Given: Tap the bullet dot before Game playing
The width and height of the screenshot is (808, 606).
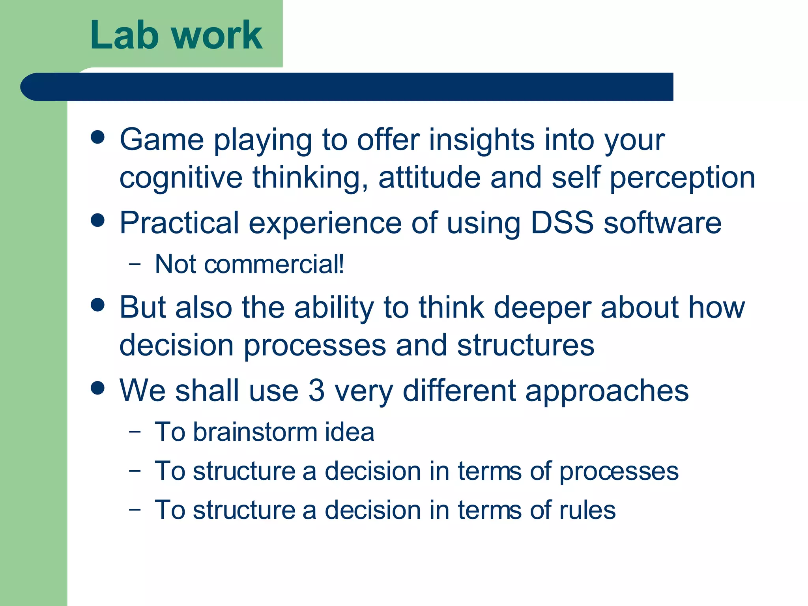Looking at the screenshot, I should click(97, 137).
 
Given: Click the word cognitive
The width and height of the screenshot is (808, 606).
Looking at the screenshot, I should click(181, 178).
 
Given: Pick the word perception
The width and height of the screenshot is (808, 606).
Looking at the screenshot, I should click(683, 178).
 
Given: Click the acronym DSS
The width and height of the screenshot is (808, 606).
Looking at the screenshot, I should click(562, 223).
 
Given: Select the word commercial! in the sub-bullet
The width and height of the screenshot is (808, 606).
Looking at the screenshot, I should click(274, 264).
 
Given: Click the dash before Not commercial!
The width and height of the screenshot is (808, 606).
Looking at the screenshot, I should click(135, 264).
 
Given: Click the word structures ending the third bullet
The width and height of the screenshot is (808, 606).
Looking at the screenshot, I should click(526, 345).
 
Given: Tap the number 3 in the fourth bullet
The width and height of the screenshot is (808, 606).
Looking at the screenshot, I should click(316, 391).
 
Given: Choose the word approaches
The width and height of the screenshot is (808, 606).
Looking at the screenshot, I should click(607, 391).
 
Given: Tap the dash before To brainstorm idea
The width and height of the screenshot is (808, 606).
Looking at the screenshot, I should click(135, 431).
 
